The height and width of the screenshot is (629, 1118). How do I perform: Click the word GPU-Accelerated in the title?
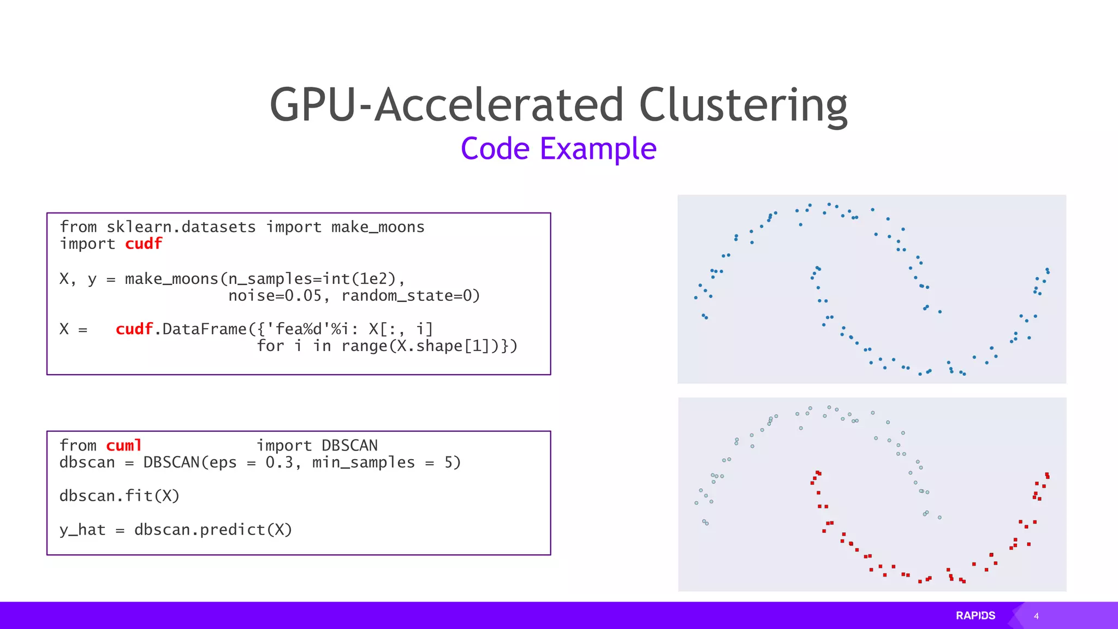[446, 105]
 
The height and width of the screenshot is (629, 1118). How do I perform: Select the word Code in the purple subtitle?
[495, 149]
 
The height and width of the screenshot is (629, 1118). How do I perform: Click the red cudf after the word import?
[144, 244]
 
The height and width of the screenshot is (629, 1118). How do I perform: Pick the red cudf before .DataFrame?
[134, 329]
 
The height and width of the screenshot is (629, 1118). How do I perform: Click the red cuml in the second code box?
[124, 446]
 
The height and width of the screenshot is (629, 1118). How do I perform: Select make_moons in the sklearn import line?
[378, 227]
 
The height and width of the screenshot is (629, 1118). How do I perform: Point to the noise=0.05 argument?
[275, 296]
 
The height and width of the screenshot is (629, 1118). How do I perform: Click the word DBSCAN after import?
[349, 446]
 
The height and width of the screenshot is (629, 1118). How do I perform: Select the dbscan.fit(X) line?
[120, 496]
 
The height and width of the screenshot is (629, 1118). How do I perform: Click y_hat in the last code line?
[82, 530]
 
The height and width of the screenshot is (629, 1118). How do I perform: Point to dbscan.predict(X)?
[213, 530]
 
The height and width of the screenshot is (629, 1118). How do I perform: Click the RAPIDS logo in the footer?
[976, 615]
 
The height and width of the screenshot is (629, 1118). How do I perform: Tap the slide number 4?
[1036, 616]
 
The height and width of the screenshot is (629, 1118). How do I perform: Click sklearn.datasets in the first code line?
[181, 227]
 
